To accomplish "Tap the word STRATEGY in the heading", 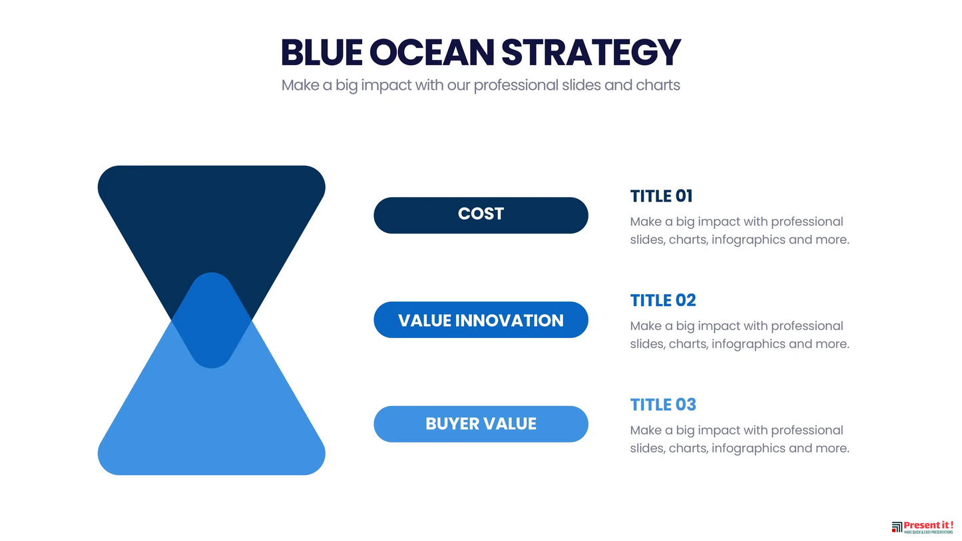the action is click(591, 53).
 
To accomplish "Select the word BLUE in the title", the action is click(322, 53).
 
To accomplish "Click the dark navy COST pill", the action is click(481, 215).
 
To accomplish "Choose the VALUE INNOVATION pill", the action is click(481, 320).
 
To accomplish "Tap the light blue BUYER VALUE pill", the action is click(481, 424).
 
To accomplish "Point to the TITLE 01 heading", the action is click(661, 196).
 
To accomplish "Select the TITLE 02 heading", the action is click(662, 301).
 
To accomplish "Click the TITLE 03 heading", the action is click(662, 405).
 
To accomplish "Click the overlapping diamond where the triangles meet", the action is click(211, 320).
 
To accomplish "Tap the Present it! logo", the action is click(922, 527).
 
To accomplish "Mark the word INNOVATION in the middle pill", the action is click(509, 320).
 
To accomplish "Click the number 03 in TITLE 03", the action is click(686, 405).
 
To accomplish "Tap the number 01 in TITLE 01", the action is click(684, 196).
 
